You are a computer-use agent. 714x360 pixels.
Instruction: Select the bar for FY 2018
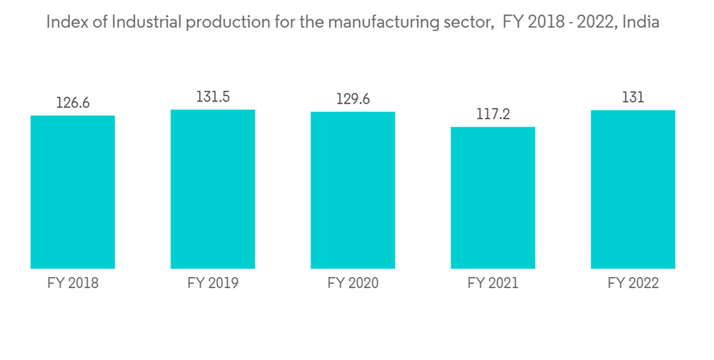[73, 191]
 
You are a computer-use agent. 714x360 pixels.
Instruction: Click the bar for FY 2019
[213, 189]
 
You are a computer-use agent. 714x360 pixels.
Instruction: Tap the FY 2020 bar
[353, 190]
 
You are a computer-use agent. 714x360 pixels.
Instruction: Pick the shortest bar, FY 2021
[493, 197]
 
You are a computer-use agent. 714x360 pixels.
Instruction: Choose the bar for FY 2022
[633, 189]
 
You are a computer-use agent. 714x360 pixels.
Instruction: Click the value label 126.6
[73, 103]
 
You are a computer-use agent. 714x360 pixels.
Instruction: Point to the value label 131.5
[213, 97]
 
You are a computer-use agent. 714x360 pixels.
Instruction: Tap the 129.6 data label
[353, 99]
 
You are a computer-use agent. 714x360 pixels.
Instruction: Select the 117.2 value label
[493, 114]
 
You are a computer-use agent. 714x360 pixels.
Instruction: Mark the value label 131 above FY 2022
[633, 98]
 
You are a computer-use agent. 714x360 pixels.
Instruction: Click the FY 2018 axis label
[73, 284]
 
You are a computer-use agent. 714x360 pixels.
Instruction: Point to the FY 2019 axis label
[213, 284]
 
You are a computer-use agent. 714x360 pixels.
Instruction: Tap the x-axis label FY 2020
[353, 284]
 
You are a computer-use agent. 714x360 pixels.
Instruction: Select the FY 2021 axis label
[493, 284]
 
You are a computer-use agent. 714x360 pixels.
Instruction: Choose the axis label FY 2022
[633, 284]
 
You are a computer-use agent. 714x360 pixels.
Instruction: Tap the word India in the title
[641, 22]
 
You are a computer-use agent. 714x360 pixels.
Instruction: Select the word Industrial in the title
[133, 22]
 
